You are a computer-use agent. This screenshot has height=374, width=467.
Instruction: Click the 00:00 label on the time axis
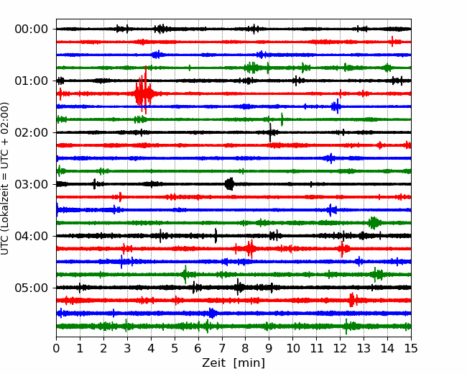point(31,29)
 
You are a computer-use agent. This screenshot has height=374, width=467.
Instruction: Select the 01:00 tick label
point(31,81)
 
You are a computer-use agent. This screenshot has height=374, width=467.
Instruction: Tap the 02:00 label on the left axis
point(31,132)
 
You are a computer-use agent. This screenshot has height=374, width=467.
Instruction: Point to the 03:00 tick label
point(31,184)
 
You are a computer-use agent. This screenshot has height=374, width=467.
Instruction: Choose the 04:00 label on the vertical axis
point(31,236)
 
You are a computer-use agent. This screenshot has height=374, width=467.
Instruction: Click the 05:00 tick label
point(31,288)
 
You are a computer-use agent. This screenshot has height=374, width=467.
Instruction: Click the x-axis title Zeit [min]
point(233,363)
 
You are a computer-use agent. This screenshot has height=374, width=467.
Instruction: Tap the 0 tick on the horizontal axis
point(57,348)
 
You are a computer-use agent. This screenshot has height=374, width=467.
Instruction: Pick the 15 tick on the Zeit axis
point(411,348)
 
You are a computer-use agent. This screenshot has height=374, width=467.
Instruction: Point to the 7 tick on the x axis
point(222,348)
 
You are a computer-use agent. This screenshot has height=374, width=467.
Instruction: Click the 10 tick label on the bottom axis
point(292,348)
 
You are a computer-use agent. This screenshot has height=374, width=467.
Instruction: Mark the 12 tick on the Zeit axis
point(340,348)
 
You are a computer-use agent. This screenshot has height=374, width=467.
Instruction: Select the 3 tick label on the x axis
point(128,348)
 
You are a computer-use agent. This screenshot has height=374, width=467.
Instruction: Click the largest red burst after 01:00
point(143,93)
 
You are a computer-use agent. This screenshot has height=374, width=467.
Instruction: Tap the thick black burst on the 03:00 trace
point(229,184)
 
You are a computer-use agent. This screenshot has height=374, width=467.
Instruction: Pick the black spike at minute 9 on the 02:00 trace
point(270,132)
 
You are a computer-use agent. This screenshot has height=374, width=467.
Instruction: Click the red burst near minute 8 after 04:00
point(250,249)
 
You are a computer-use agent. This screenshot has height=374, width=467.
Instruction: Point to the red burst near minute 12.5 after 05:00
point(352,300)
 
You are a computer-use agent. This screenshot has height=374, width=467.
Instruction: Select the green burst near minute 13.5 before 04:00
point(374,222)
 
